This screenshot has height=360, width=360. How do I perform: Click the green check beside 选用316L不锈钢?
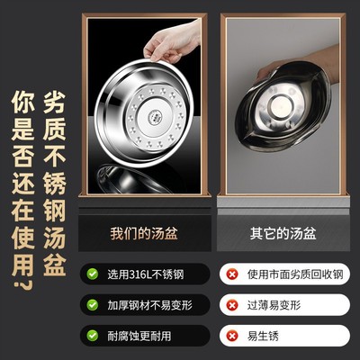point(94,272)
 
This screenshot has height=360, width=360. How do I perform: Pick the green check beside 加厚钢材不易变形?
point(94,304)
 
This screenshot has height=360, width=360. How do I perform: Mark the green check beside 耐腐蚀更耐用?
point(94,336)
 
